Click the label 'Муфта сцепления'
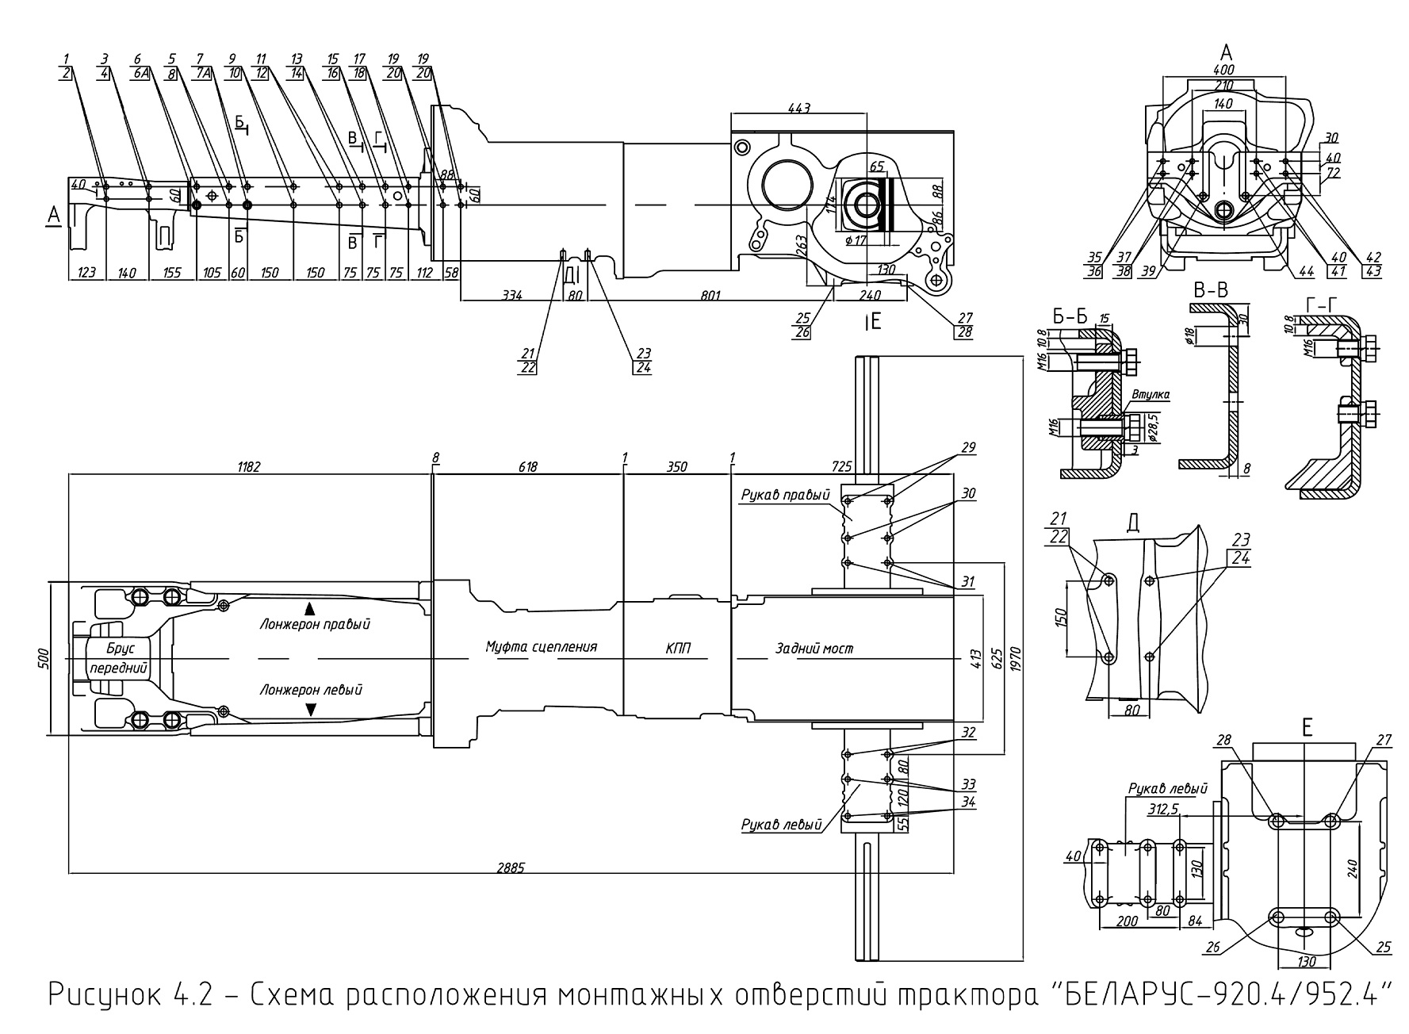point(542,647)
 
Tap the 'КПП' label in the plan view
point(678,649)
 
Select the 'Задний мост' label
point(814,649)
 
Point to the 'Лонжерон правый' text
point(315,624)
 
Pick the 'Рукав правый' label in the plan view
point(786,496)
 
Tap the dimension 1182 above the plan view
point(248,467)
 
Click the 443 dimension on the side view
point(799,107)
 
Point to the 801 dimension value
point(710,296)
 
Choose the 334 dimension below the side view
point(512,296)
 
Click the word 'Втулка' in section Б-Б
point(1151,394)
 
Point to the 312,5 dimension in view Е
point(1164,810)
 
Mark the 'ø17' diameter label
point(856,239)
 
